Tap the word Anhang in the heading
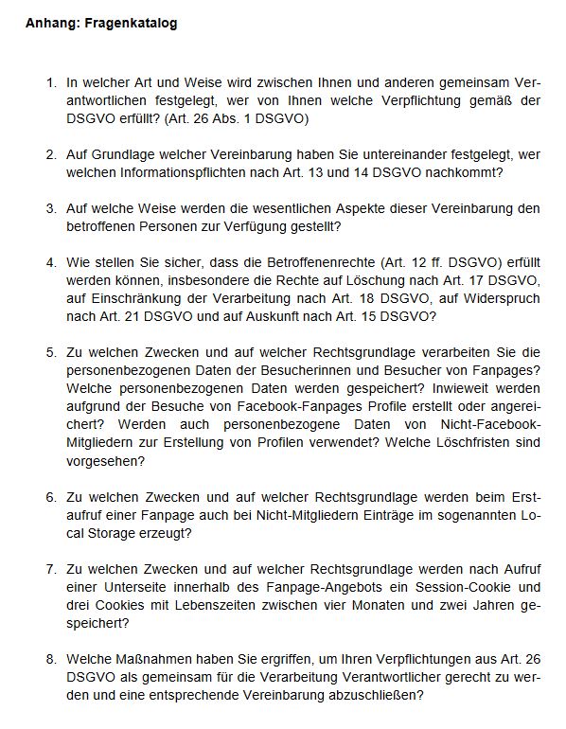tap(51, 24)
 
